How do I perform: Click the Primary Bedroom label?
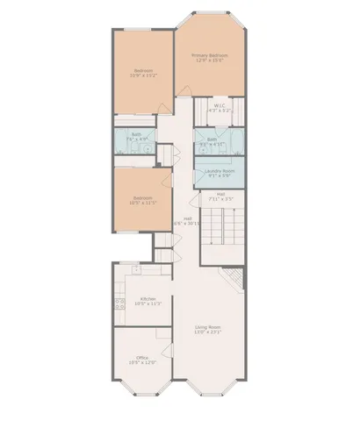[x=208, y=55]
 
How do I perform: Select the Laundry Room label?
[x=219, y=171]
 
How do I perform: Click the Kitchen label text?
[x=148, y=299]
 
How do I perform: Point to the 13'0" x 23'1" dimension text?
[x=208, y=332]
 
